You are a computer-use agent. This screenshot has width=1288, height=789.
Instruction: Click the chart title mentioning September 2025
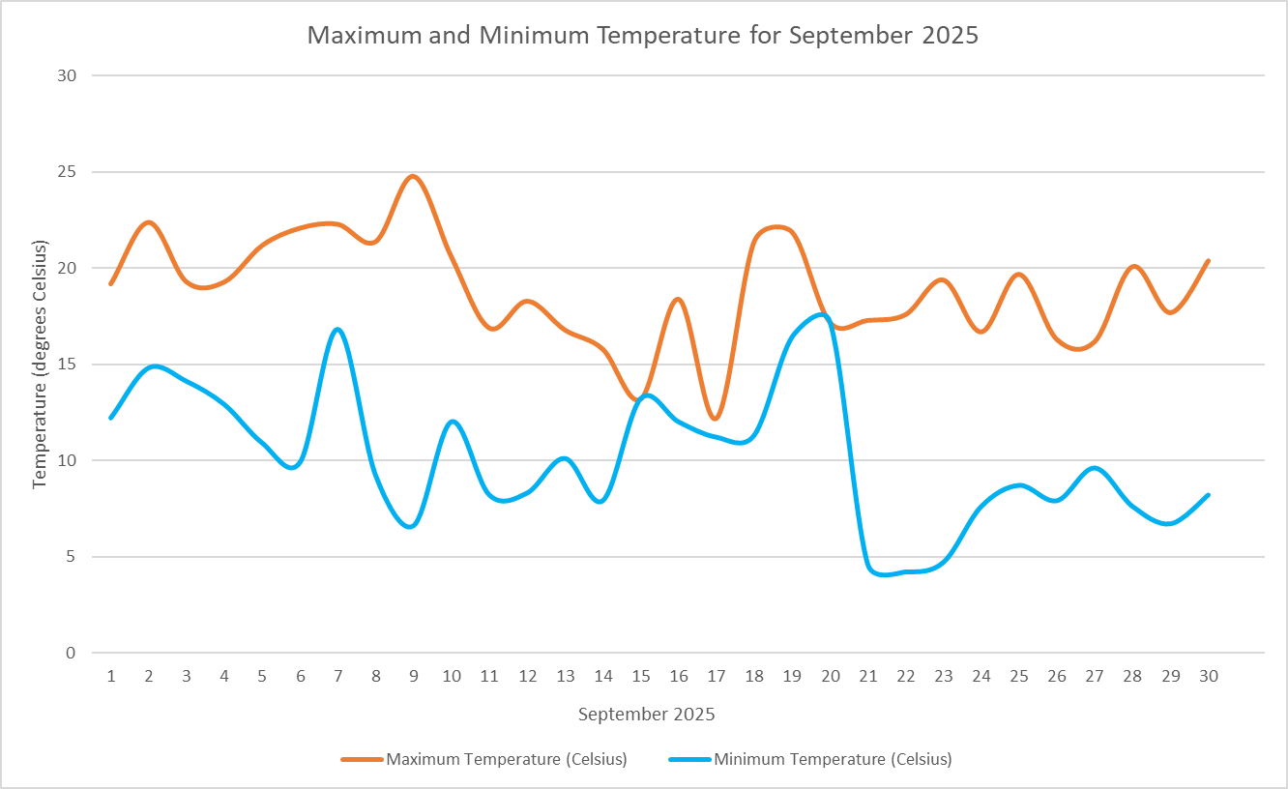pos(643,36)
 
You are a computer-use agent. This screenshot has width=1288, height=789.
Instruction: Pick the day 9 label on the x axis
pos(414,677)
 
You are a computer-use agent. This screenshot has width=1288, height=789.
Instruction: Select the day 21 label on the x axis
pos(868,677)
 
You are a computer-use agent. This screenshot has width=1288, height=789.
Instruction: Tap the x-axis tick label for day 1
pos(111,677)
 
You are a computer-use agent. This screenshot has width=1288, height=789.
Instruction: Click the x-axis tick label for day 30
pos(1209,677)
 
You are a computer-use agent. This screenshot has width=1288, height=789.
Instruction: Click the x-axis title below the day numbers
pos(646,716)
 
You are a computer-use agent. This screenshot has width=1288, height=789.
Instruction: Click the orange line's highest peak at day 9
pos(414,176)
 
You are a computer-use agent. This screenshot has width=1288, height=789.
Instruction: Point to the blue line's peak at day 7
pos(337,330)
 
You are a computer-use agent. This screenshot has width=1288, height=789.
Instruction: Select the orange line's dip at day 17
pos(716,419)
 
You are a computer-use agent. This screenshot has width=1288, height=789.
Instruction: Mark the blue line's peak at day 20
pos(824,314)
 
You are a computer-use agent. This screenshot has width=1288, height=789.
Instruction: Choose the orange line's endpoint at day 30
pos(1209,261)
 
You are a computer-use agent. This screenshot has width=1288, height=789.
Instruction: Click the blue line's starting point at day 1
pos(111,418)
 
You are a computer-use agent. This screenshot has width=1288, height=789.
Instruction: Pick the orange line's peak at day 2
pos(149,222)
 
